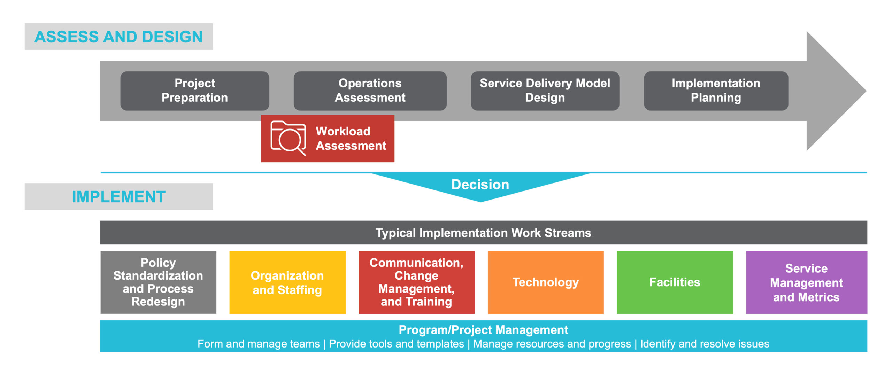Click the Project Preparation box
(194, 91)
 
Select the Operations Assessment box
(370, 91)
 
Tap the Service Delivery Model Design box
(545, 91)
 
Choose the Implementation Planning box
(716, 91)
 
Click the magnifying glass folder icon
(288, 138)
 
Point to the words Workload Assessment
(351, 138)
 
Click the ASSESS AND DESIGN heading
(118, 37)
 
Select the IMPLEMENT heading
(118, 197)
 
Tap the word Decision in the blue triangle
(480, 185)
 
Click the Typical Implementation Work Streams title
(483, 233)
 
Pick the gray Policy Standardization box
(158, 282)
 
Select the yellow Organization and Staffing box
(287, 282)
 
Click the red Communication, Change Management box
(416, 282)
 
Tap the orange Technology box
(546, 282)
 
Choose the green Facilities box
(675, 282)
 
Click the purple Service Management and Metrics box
(806, 282)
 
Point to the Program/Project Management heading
(483, 329)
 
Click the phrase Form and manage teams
(259, 344)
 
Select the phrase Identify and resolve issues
(705, 344)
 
